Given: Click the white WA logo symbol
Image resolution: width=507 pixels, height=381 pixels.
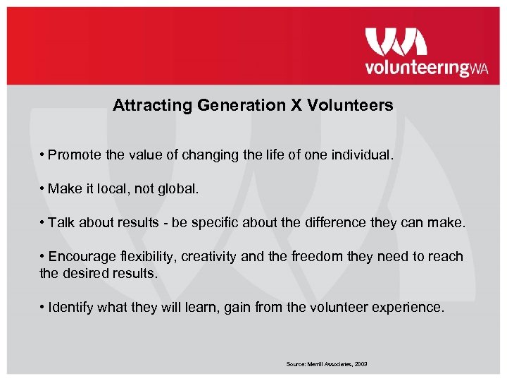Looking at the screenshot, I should coord(396,42).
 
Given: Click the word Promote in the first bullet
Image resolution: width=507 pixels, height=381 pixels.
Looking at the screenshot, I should coord(75,155).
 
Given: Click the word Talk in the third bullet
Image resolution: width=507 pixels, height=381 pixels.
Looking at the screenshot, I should coord(61,223).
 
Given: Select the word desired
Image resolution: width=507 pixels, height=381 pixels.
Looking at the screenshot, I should coord(87,272).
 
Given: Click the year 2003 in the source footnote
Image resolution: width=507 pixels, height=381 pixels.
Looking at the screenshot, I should coord(361,364).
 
